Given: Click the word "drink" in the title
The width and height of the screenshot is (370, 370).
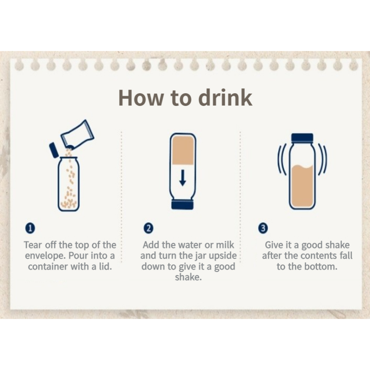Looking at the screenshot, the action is coord(225,97).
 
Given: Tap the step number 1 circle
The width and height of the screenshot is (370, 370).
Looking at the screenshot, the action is coord(30,228).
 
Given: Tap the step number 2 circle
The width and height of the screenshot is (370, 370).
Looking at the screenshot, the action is coord(149,228).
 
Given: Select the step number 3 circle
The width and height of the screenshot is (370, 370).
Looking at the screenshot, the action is coord(263,228).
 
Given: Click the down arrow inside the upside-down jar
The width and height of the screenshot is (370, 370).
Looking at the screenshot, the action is coord(182,178).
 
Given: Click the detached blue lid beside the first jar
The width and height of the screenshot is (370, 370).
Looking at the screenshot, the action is coord(54,150).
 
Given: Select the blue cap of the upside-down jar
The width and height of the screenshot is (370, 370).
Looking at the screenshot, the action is coord(182,205).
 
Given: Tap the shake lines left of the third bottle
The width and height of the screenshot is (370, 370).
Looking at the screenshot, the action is coord(282,159).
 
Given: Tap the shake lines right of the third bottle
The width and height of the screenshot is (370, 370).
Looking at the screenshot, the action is coord(322,159).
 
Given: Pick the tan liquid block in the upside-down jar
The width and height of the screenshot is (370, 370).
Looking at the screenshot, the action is coord(183,150).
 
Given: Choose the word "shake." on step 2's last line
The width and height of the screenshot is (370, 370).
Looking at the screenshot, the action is coord(188,277).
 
